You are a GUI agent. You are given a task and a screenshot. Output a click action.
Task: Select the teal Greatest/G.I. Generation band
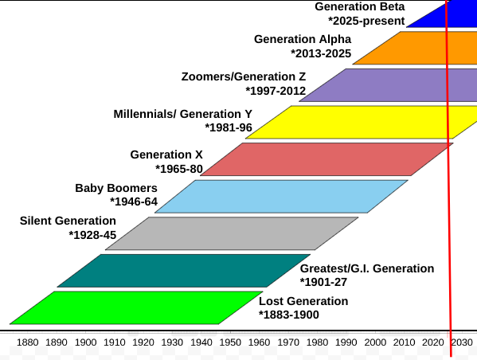(x=183, y=271)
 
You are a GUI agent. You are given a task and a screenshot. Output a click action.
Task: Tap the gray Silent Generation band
(x=231, y=233)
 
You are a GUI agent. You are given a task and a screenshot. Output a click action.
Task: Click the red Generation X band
(x=326, y=159)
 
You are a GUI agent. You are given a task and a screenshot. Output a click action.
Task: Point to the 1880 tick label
(x=27, y=342)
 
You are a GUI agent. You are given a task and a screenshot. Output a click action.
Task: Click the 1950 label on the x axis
(x=230, y=342)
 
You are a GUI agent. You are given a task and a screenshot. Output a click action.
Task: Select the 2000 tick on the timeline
(x=375, y=342)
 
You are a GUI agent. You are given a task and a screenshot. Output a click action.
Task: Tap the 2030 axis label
(x=462, y=342)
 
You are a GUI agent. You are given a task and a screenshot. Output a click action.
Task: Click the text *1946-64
(x=133, y=202)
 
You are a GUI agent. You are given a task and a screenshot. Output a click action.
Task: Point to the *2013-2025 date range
(x=321, y=53)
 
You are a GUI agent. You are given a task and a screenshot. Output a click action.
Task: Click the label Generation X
(x=166, y=155)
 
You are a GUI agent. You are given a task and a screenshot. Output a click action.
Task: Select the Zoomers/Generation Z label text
(x=243, y=76)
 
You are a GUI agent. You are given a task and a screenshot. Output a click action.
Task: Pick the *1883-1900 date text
(x=289, y=315)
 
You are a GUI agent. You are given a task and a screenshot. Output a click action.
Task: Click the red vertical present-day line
(x=450, y=199)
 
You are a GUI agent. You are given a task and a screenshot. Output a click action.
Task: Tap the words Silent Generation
(x=68, y=221)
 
